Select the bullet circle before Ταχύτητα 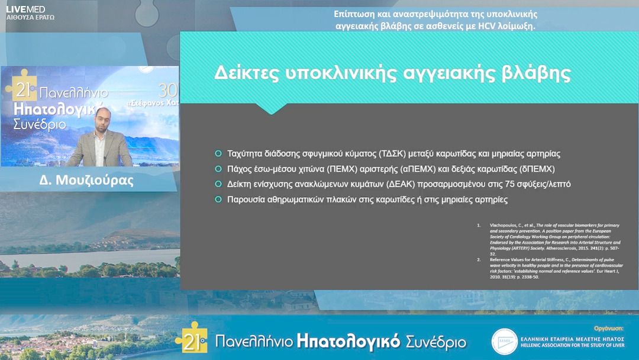(x=218, y=153)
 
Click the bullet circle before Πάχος (x=218, y=169)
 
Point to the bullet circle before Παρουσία (x=218, y=200)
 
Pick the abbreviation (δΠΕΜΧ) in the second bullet (x=535, y=169)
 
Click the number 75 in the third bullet (x=496, y=184)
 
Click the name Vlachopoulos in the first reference (x=503, y=226)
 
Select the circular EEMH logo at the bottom (x=505, y=341)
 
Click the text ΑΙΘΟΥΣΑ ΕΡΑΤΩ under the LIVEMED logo (x=30, y=18)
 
